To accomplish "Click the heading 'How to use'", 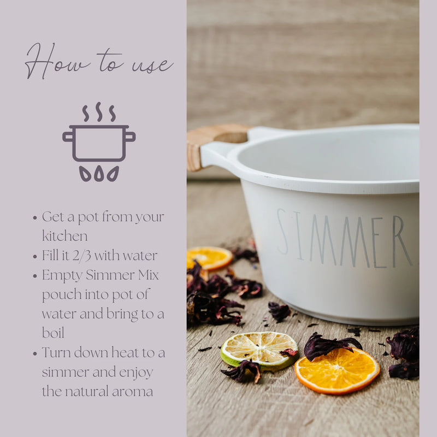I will point(98,61).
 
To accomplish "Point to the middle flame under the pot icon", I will point(99,173).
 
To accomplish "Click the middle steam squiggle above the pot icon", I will point(99,111).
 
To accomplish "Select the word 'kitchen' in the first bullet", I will point(64,236).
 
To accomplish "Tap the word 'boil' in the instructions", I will point(53,333).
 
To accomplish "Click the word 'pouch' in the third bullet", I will point(60,294).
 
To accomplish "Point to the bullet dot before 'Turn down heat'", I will point(35,353).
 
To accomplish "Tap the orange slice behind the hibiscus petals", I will point(209,257).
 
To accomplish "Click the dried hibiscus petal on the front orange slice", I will point(330,345).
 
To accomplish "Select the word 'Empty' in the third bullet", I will point(61,275).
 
